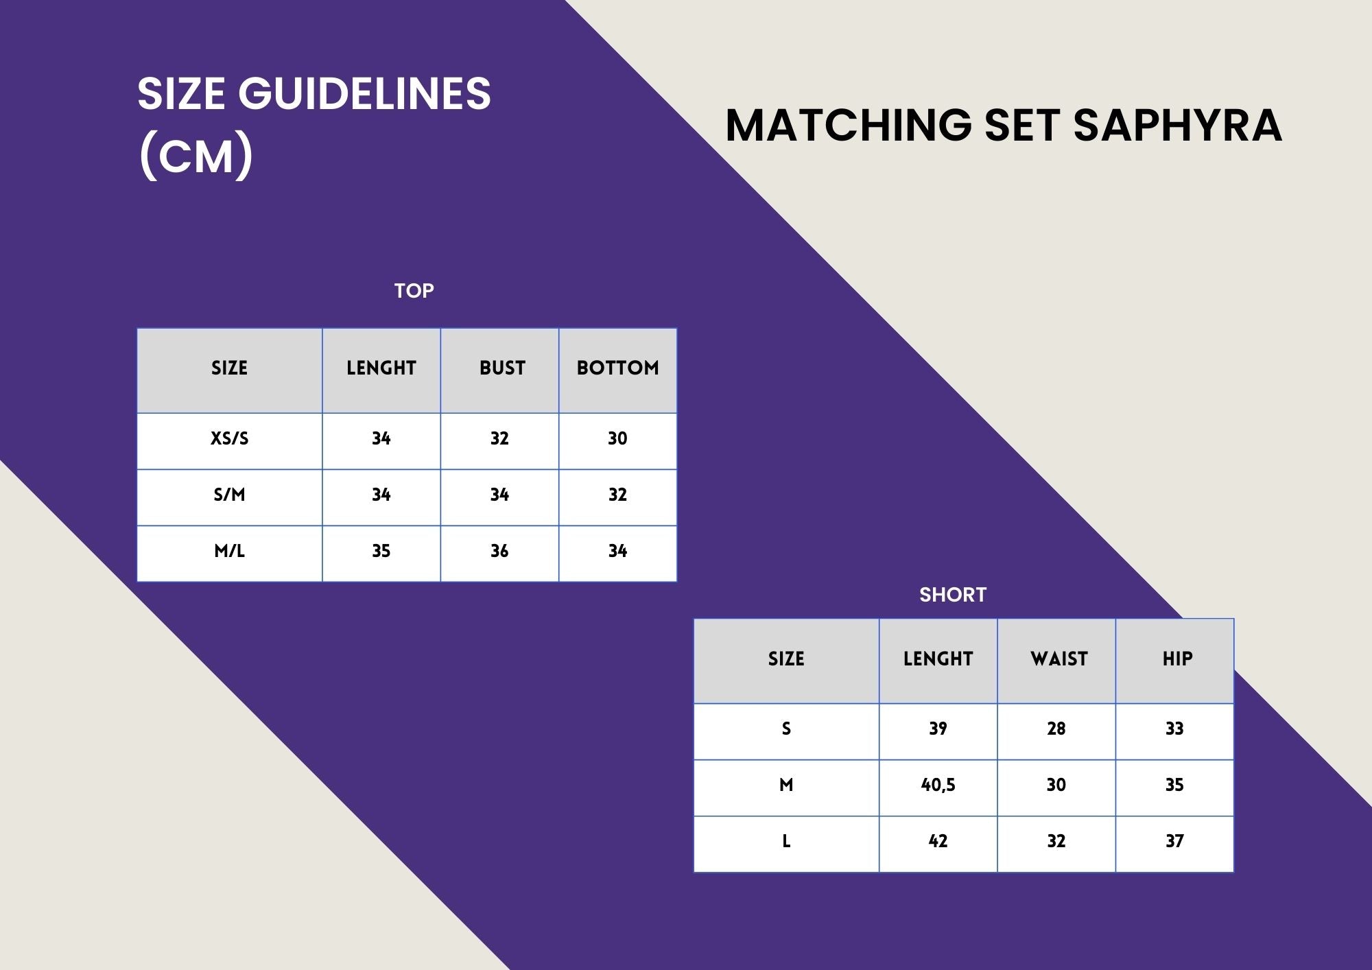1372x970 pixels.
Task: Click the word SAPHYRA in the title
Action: click(x=1177, y=125)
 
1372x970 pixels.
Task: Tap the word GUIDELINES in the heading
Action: click(x=364, y=93)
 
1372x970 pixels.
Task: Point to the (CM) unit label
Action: click(x=196, y=156)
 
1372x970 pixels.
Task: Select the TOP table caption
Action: click(x=414, y=291)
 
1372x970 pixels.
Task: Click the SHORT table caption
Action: click(x=953, y=595)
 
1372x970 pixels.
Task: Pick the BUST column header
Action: click(x=502, y=368)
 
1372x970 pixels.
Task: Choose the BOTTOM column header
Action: click(x=617, y=368)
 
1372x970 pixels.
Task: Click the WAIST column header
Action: click(x=1059, y=659)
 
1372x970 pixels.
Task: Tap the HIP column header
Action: click(x=1177, y=659)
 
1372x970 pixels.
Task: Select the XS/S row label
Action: click(x=229, y=438)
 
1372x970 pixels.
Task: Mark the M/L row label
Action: click(x=229, y=551)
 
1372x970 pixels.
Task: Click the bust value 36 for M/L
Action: click(x=499, y=551)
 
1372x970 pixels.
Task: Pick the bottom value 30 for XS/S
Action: click(x=617, y=438)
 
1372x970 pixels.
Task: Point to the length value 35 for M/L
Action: click(x=381, y=551)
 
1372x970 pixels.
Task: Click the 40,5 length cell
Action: click(x=938, y=785)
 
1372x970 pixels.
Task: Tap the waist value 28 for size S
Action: click(x=1056, y=729)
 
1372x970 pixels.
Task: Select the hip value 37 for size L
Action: click(x=1174, y=841)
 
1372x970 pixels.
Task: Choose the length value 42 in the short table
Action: click(x=938, y=841)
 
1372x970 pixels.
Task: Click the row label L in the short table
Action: click(x=786, y=841)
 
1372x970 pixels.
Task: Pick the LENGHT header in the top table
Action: click(x=381, y=368)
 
